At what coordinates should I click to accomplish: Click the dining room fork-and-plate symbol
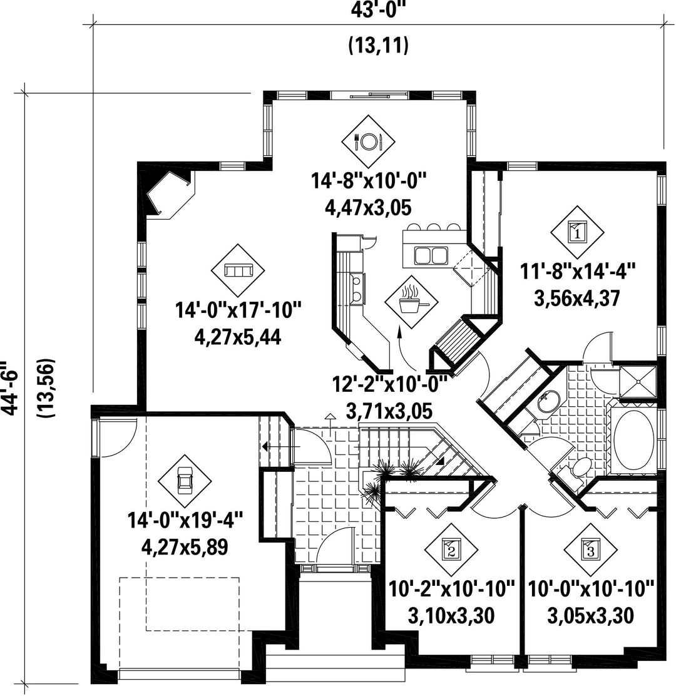click(368, 141)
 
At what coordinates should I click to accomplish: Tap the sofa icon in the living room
click(238, 270)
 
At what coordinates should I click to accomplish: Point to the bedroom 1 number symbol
click(578, 232)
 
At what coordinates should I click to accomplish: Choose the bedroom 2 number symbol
click(451, 550)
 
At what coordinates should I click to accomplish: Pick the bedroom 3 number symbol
click(590, 550)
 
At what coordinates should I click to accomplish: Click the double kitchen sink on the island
click(430, 255)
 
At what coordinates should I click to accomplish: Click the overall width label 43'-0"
click(379, 10)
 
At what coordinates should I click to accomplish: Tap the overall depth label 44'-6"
click(10, 386)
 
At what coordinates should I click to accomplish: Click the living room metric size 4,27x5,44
click(238, 338)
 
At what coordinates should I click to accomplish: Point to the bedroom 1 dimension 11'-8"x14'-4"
click(578, 271)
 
